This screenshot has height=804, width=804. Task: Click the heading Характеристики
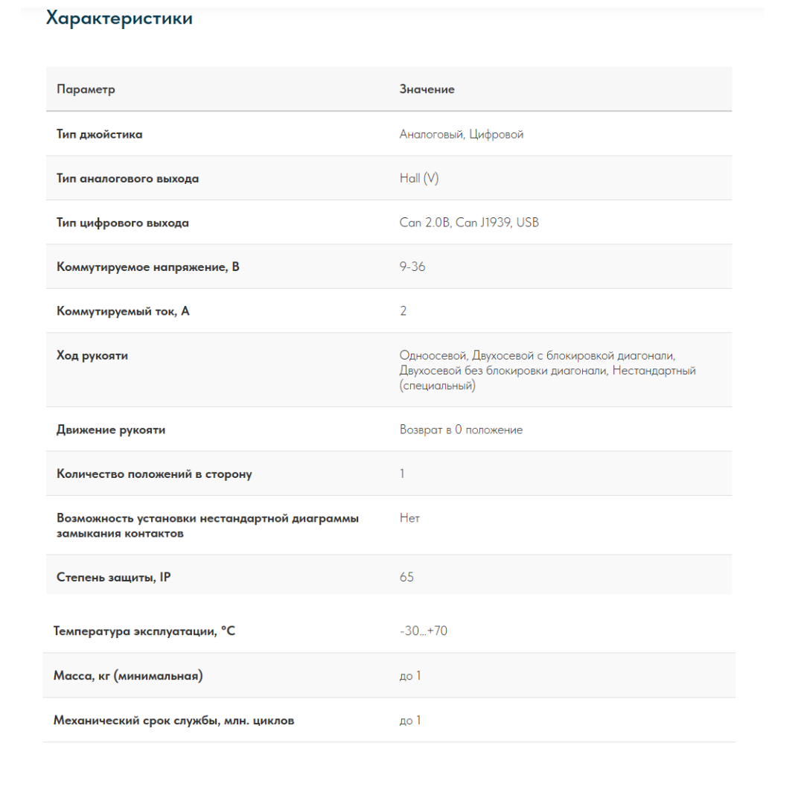119,19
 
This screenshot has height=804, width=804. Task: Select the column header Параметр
86,89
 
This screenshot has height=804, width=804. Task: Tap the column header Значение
427,89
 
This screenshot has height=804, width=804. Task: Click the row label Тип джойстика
100,135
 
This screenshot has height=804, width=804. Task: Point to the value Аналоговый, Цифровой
462,135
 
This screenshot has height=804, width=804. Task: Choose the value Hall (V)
419,179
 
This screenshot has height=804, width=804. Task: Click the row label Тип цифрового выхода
123,223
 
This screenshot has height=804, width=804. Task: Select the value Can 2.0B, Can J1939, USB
469,223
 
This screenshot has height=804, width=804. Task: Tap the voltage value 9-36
412,267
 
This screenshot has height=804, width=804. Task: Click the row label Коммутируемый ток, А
123,311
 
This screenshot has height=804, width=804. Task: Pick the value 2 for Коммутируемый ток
403,311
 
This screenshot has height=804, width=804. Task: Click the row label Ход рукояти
92,356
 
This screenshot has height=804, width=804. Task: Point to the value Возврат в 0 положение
461,430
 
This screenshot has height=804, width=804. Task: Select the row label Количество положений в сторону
154,474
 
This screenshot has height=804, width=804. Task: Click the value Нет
409,518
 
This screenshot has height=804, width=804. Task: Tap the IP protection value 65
406,577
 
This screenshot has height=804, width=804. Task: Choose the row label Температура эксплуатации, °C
144,631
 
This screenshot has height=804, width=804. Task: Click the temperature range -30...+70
424,631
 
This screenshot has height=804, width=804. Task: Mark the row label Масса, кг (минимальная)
128,676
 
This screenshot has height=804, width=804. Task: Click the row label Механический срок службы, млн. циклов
173,721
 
